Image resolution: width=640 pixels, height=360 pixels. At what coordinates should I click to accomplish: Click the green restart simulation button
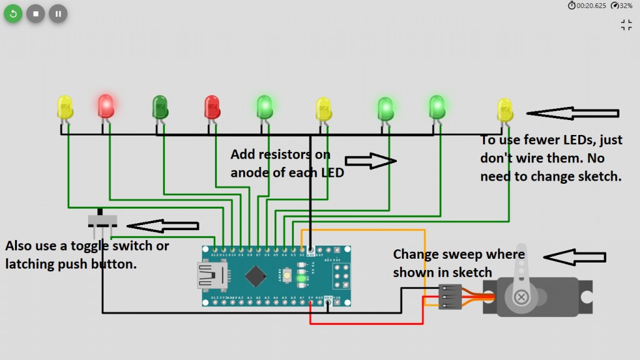click(13, 13)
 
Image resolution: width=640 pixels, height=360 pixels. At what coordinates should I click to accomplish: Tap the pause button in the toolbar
click(58, 13)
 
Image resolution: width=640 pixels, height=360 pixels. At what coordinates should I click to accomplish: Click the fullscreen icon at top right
click(626, 25)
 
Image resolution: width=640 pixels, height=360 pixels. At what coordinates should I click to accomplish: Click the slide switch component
click(101, 221)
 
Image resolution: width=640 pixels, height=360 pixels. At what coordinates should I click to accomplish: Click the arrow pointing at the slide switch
click(162, 224)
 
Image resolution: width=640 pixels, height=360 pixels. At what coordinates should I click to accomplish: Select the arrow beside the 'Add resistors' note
click(371, 161)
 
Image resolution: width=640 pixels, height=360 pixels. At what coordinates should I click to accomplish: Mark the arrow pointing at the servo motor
click(574, 257)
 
